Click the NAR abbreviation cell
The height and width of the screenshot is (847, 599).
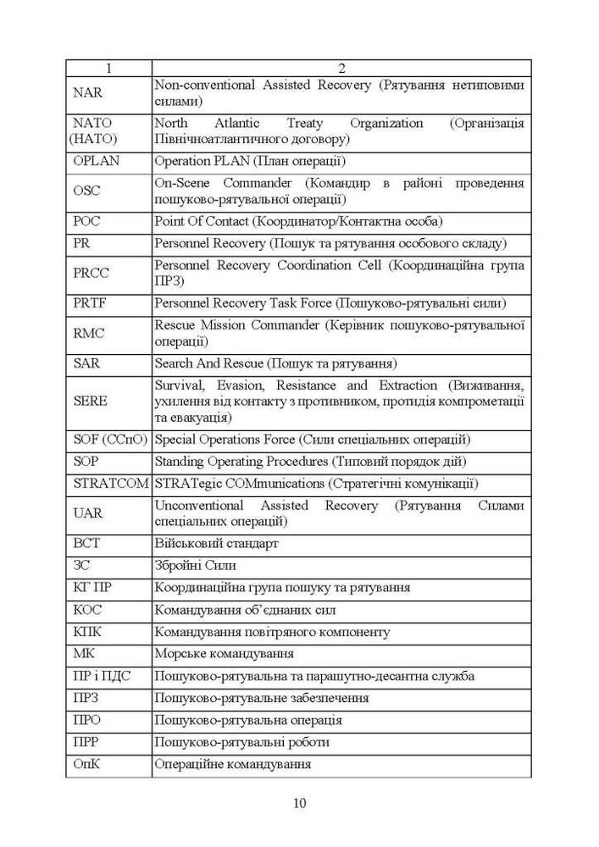(88, 92)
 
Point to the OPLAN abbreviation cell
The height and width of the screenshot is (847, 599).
(97, 160)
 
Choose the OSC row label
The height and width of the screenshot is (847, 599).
(87, 191)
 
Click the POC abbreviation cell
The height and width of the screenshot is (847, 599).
(87, 221)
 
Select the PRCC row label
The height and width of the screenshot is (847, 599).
(92, 273)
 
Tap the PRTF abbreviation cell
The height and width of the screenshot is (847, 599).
(90, 303)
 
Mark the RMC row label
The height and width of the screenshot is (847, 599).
(89, 334)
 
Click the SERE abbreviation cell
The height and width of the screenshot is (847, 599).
(91, 401)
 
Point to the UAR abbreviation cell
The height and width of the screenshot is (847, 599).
(88, 513)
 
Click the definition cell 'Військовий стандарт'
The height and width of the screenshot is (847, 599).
(217, 544)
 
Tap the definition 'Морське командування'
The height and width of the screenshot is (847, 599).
(225, 654)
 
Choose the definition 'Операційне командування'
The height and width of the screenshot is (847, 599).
(232, 764)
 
